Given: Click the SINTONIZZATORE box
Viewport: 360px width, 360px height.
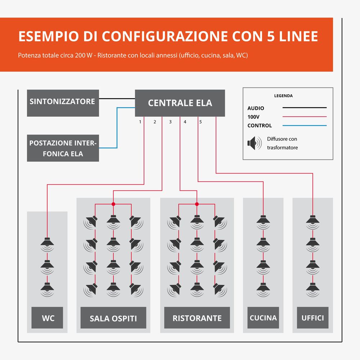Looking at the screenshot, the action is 63,103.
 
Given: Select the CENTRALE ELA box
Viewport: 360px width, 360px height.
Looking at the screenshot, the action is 180,103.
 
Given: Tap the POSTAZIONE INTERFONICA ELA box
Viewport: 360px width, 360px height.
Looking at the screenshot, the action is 63,148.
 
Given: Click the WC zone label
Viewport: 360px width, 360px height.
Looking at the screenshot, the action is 47,318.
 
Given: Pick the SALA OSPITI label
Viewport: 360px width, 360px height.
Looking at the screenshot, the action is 113,318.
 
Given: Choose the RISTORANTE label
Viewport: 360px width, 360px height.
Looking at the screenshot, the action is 197,318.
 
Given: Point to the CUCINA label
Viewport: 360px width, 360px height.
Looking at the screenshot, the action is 263,318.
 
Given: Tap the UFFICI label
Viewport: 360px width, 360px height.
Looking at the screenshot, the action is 313,318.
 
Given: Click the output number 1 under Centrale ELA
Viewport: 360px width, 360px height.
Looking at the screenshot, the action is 140,122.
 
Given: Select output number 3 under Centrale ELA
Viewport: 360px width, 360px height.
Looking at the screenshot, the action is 170,122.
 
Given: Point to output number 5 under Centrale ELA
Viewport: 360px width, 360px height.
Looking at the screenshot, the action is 201,122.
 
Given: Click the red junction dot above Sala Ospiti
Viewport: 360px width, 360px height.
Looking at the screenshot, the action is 113,204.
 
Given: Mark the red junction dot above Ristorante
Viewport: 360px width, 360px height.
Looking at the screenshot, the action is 197,204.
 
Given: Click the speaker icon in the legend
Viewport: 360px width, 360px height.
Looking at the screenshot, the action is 255,143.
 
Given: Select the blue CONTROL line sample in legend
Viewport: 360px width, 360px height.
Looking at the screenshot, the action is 305,126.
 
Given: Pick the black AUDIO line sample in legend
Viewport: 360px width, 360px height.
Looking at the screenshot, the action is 305,107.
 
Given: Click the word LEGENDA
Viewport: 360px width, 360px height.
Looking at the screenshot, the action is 283,96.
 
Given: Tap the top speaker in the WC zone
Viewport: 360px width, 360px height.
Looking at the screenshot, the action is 47,245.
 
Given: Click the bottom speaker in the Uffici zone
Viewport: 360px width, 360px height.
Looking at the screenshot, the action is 313,290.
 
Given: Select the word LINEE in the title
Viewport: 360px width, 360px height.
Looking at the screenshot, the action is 298,36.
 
